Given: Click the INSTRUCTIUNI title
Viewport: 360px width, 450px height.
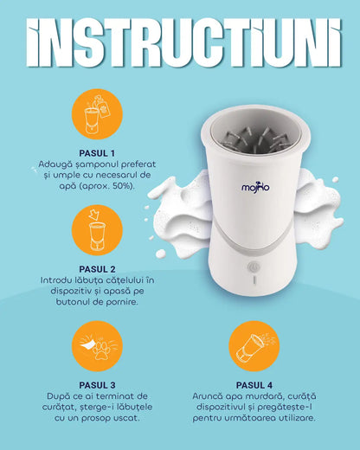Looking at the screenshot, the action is point(183,42).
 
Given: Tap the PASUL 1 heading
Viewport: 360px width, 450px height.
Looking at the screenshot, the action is point(97,153).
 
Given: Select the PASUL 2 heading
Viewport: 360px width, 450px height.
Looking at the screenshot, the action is point(97,269).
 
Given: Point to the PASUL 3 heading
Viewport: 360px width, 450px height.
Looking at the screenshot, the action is point(97,385).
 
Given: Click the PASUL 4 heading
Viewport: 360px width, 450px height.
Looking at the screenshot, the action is point(254,385).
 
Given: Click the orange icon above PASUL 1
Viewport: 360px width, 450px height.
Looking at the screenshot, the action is point(97,114).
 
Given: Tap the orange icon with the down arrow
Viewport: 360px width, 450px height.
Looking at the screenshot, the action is point(97,230).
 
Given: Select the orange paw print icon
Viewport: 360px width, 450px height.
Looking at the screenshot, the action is point(97,346).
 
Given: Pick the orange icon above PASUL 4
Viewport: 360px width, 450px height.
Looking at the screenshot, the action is point(254,346).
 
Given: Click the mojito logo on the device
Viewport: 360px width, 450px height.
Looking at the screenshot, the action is point(255,187).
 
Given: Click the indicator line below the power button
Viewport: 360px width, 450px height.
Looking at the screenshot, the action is point(254,280).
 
